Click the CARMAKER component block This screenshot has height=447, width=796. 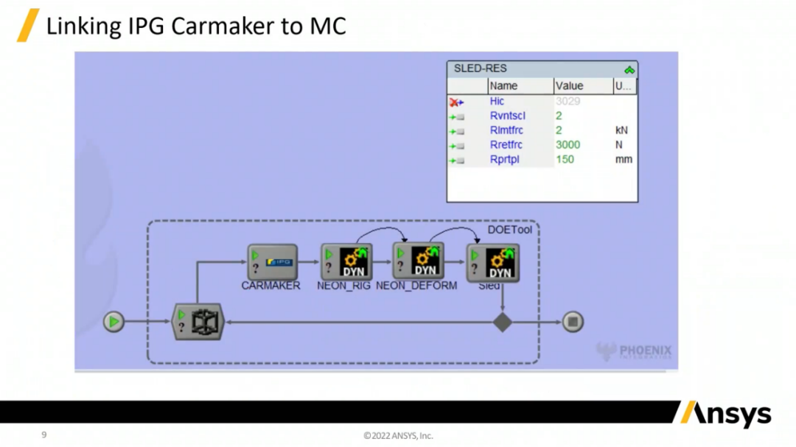(272, 261)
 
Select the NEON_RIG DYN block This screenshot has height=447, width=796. (346, 261)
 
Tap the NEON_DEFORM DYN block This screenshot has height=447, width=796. (418, 261)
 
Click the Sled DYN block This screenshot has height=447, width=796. (492, 263)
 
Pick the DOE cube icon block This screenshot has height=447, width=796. (198, 322)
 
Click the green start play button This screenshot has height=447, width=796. (114, 322)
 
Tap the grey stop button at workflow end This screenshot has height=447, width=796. (573, 322)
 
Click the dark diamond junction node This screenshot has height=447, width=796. (502, 322)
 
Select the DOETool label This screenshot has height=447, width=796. (509, 230)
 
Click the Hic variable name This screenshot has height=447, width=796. (497, 101)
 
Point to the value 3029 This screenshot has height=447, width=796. (568, 101)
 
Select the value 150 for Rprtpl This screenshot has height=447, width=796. (565, 160)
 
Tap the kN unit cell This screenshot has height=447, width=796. (621, 130)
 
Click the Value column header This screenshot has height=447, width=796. (570, 86)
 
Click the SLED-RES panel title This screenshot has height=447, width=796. (480, 68)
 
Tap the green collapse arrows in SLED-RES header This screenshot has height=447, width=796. (629, 69)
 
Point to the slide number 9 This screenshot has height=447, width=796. (43, 435)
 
